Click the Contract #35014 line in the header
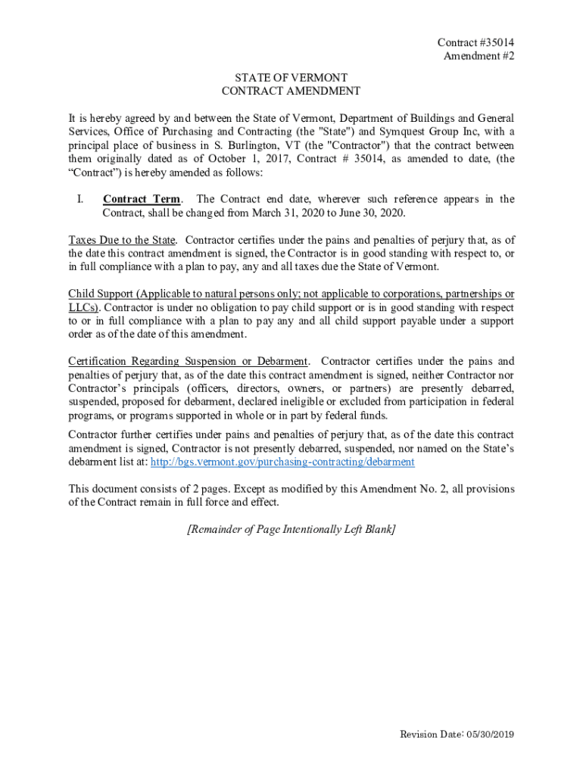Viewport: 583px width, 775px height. point(471,43)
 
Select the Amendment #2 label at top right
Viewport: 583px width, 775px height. point(479,57)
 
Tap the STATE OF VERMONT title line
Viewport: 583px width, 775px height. point(291,78)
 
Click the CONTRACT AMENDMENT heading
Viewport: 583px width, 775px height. point(291,92)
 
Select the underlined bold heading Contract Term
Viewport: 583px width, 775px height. point(142,199)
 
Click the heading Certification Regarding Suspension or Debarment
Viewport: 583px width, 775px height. point(188,361)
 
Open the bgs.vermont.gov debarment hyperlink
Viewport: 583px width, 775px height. point(282,462)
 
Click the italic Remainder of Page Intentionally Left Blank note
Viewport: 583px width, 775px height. point(291,529)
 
